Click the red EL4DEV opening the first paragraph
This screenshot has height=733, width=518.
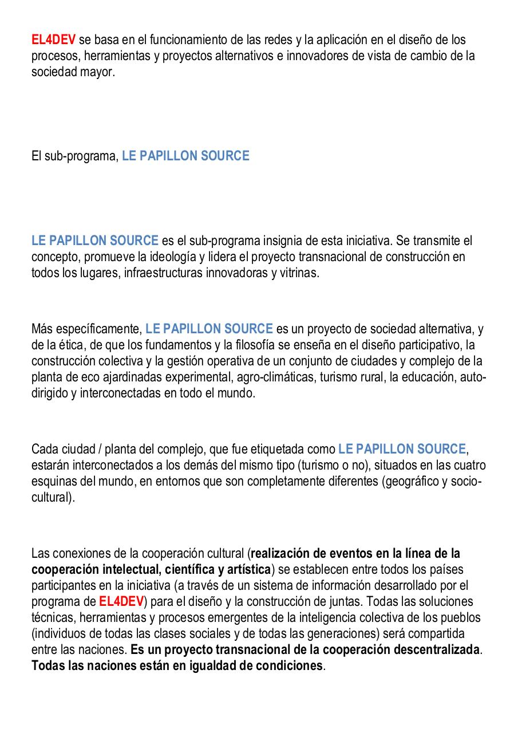point(53,40)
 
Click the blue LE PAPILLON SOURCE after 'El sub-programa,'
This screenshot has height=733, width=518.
point(185,156)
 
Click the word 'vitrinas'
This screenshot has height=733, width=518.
point(298,273)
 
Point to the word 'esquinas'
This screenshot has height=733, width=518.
point(52,482)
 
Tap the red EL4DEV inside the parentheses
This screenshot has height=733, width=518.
point(121,602)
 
